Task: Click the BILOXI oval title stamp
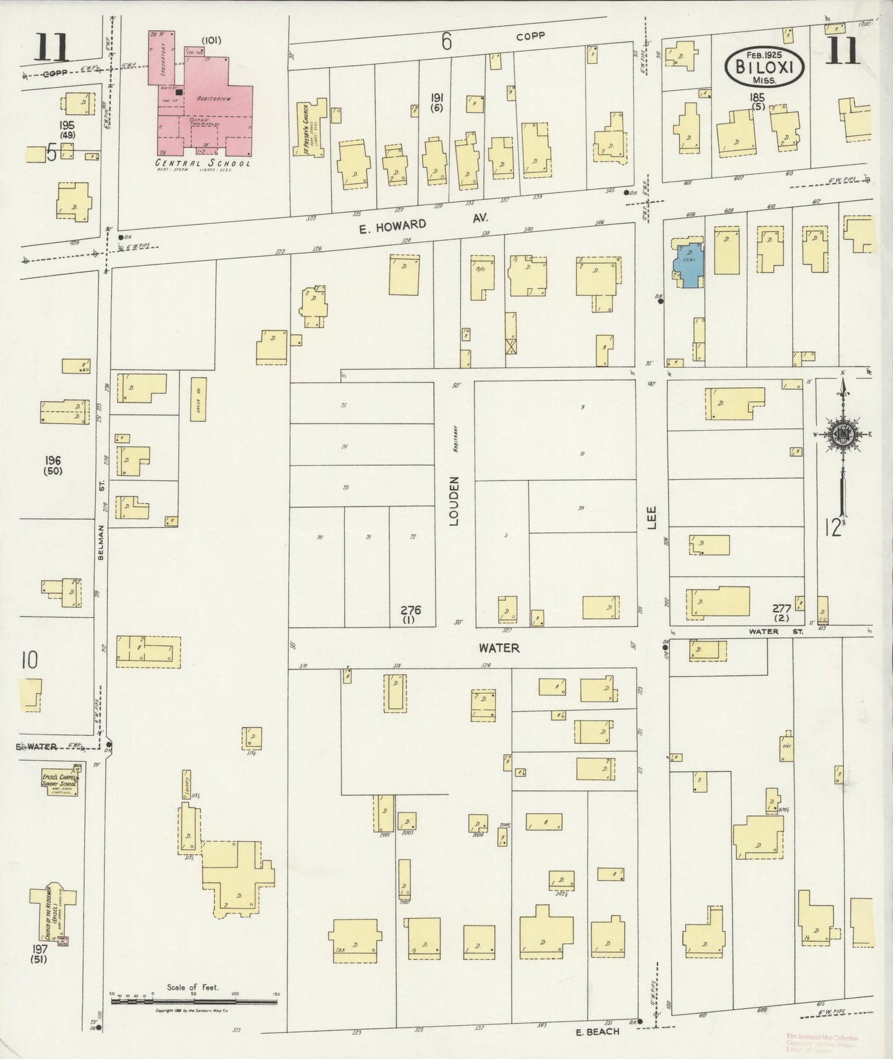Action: (764, 67)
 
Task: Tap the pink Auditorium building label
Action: (214, 98)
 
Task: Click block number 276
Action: (410, 610)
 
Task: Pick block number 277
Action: (782, 609)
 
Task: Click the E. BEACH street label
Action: (597, 1031)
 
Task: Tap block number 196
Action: (53, 460)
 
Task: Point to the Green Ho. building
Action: (198, 400)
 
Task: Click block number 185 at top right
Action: (757, 97)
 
